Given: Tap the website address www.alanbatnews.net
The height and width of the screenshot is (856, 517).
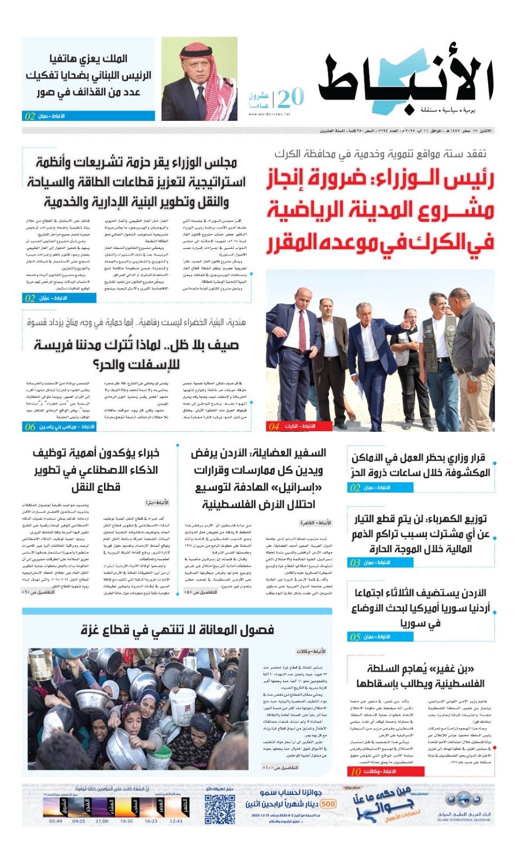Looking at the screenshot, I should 271,114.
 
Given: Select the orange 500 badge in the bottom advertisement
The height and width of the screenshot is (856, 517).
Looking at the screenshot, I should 328,804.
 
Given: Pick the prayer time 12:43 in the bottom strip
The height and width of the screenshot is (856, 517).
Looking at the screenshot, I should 176,821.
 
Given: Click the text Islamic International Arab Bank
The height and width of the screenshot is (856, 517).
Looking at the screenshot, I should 463,819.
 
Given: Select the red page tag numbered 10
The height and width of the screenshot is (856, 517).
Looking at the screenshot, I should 373,771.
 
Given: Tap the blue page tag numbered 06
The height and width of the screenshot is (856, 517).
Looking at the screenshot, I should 59,426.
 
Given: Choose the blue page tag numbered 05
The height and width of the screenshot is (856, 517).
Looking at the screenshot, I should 370,637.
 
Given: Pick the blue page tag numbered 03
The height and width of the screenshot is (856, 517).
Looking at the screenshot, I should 370,562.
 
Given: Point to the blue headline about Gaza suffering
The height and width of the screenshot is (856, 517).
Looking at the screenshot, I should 177,630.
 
